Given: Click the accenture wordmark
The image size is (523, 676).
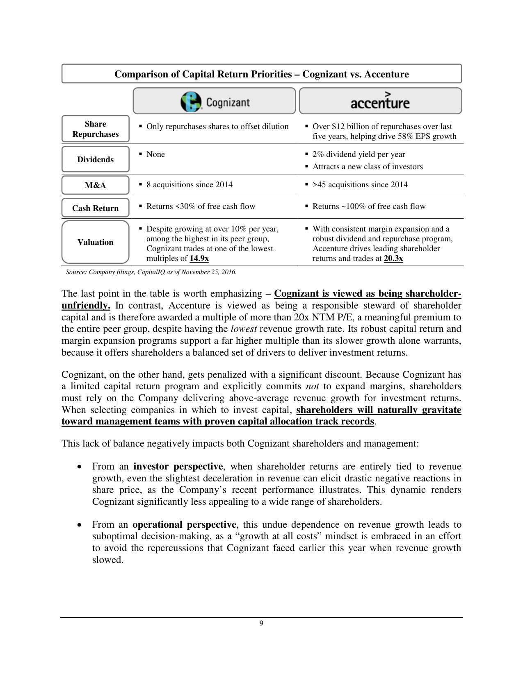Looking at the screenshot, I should [380, 101].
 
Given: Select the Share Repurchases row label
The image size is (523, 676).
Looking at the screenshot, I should [96, 129].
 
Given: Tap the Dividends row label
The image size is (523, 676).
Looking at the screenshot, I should [96, 159].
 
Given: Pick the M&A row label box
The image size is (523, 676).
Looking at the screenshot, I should [96, 185].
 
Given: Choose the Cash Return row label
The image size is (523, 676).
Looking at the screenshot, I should [96, 208].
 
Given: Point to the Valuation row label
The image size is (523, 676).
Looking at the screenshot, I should [96, 242].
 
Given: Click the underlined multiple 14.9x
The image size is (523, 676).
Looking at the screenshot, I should [199, 259].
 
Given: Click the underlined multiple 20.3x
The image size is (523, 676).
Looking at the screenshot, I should [393, 259].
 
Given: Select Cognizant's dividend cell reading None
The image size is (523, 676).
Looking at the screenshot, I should [155, 154].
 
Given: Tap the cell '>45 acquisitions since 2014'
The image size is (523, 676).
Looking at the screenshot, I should [360, 184].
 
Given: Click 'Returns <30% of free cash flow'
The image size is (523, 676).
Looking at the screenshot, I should [201, 206].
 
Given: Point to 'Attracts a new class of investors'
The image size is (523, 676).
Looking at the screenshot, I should [367, 166].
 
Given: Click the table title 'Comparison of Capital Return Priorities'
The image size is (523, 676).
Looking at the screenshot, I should [261, 74].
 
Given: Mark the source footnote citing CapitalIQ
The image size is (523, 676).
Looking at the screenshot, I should [151, 272].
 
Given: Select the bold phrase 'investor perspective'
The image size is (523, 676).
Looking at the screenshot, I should [178, 466].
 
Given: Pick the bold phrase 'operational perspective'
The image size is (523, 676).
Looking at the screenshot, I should [184, 524].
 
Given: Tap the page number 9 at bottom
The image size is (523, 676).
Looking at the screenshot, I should [261, 624].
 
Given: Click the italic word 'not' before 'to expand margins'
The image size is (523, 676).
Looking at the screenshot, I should [313, 386].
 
